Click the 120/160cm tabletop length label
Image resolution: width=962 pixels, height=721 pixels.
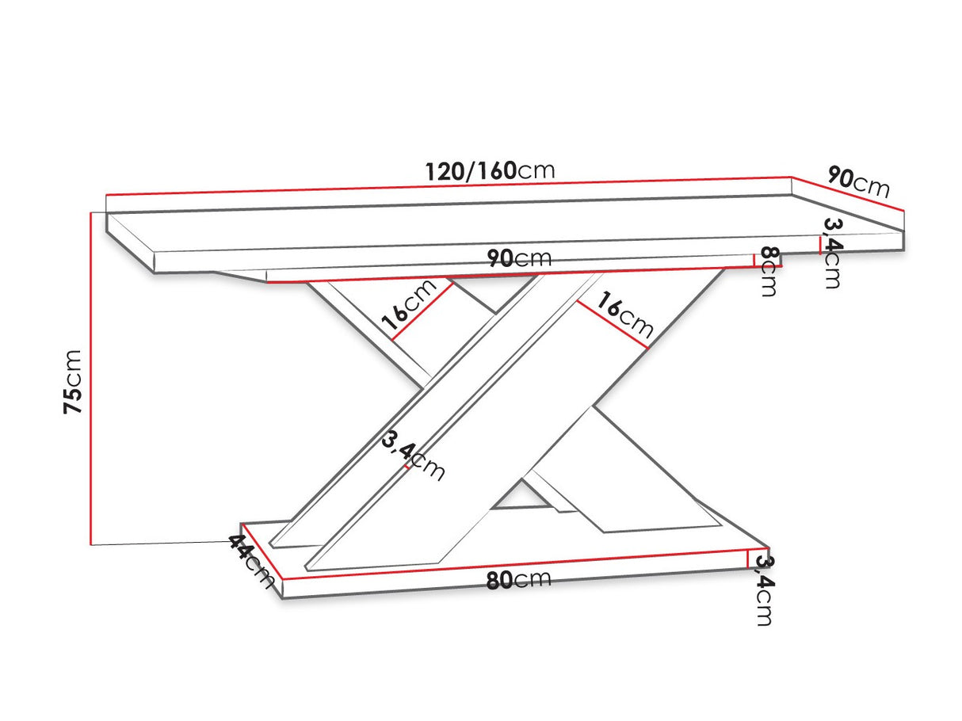tap(490, 170)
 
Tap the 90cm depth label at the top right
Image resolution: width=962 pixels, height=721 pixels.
tap(858, 182)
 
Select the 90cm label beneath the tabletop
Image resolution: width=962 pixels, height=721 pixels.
tap(519, 259)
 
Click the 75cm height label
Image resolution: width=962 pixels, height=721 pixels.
tap(72, 381)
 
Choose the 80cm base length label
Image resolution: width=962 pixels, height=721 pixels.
tap(518, 579)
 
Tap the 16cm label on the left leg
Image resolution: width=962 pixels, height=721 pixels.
tap(409, 305)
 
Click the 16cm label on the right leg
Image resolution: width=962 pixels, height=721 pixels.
tap(625, 314)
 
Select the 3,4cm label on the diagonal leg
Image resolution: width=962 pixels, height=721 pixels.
tap(413, 457)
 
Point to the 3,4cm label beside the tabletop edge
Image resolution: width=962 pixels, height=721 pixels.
tap(830, 253)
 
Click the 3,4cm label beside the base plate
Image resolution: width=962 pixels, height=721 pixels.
tap(763, 589)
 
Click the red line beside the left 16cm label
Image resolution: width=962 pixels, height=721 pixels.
tap(422, 312)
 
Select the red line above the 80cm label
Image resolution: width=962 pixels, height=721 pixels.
tap(515, 563)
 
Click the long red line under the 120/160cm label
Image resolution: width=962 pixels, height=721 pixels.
tap(449, 185)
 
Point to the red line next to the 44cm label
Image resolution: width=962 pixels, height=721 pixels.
tap(262, 551)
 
